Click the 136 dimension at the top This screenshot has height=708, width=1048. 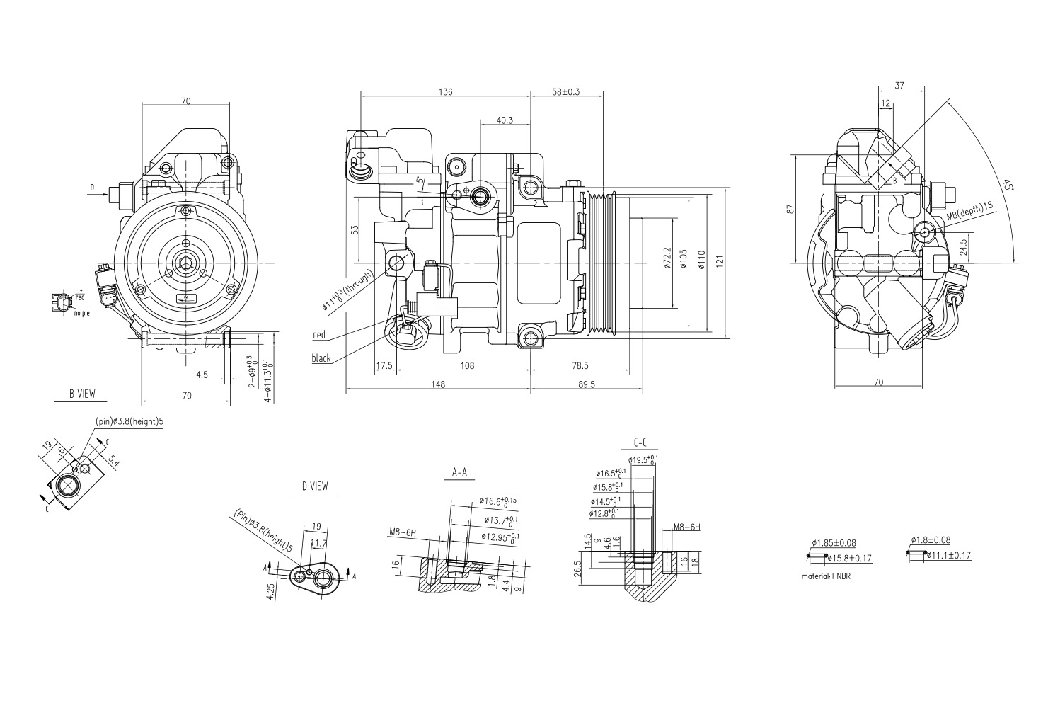445,92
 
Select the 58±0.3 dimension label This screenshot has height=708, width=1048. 565,92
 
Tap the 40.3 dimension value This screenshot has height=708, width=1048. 505,120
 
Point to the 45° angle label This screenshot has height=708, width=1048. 1008,185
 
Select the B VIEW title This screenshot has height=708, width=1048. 82,394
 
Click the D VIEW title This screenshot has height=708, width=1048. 314,486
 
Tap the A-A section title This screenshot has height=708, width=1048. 460,472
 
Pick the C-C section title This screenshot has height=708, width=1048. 640,442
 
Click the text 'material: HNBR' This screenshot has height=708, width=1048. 826,576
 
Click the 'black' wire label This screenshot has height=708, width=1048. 321,358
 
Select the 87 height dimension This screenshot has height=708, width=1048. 791,209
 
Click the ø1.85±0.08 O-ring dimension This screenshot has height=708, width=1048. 834,543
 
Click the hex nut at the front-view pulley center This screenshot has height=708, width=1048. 185,263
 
